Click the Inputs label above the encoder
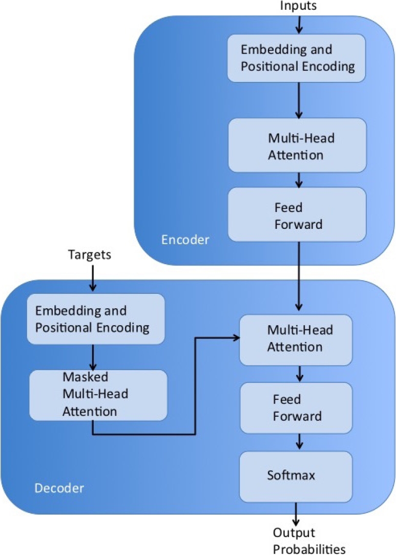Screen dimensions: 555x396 coord(299,6)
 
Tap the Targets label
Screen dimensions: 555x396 coord(90,254)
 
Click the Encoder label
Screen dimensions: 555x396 coord(185,240)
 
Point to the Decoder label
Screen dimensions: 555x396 coord(59,488)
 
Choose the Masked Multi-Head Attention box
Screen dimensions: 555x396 coord(98,394)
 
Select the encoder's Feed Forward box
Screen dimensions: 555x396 coord(297,215)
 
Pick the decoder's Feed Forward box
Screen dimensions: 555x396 coord(296,408)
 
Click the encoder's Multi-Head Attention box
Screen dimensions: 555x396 coord(297,145)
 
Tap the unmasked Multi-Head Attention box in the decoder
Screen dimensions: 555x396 coord(296,339)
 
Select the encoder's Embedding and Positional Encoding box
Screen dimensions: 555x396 coord(296,58)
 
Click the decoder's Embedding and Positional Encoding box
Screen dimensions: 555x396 coord(96,318)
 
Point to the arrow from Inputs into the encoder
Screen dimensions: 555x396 coord(299,23)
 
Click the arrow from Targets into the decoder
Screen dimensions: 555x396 coord(92,279)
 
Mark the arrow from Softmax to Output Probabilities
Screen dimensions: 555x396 coord(296,513)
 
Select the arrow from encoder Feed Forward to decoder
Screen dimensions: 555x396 coord(299,276)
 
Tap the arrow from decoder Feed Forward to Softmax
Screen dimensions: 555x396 coord(299,441)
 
